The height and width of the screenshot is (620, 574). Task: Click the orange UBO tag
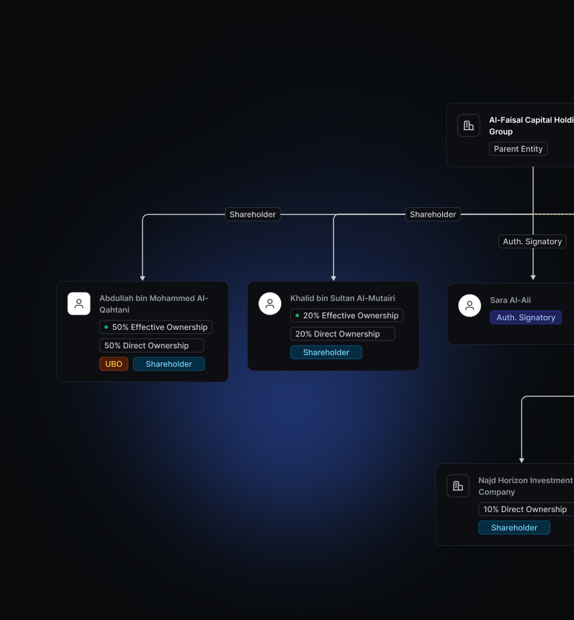coord(114,364)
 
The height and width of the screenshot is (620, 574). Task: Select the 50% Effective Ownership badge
coord(156,327)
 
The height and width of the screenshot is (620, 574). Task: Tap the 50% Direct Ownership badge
coord(152,346)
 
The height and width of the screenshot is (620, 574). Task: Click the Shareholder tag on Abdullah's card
coord(169,364)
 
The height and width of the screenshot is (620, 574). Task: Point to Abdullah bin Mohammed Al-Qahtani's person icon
coord(79,304)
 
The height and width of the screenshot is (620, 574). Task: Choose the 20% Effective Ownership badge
coord(346,316)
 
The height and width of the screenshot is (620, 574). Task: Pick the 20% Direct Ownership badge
coord(343,334)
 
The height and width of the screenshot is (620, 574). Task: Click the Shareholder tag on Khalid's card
coord(326,353)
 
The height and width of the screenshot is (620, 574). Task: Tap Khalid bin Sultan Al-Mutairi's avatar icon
coord(270,304)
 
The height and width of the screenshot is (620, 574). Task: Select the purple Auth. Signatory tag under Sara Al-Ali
coord(526,318)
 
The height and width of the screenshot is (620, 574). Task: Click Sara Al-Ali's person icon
coord(469,305)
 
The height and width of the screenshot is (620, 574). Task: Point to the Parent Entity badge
coord(518,149)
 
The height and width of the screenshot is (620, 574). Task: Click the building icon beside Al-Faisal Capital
coord(469,125)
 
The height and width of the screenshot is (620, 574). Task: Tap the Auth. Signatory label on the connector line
coord(533,242)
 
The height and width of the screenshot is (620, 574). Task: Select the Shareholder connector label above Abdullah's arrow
coord(253,214)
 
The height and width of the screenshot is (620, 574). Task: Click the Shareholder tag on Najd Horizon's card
coord(515,528)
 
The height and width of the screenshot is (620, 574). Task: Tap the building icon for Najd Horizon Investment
coord(458,486)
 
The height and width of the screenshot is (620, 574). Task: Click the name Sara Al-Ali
coord(510,300)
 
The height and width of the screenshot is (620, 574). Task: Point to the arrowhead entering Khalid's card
coord(334,278)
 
